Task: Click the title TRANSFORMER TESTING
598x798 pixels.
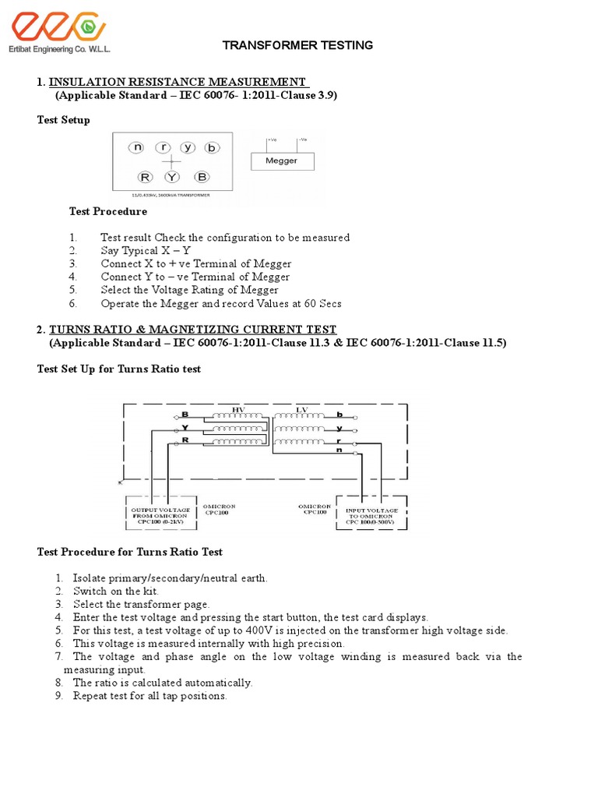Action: coord(297,45)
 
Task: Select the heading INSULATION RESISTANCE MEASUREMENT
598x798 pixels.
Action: coord(178,82)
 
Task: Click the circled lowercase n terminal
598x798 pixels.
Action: coord(138,147)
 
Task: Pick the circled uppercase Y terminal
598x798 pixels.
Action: coord(171,177)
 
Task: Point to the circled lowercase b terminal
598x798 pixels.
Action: coord(212,147)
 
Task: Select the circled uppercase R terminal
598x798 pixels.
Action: coord(145,177)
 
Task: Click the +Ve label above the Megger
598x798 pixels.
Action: coord(272,139)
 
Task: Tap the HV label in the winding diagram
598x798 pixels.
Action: coord(238,410)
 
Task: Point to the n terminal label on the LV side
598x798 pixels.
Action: coord(339,450)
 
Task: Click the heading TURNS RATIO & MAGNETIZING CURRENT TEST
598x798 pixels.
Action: coord(193,330)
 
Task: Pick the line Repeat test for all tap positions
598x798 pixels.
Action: coord(149,696)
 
